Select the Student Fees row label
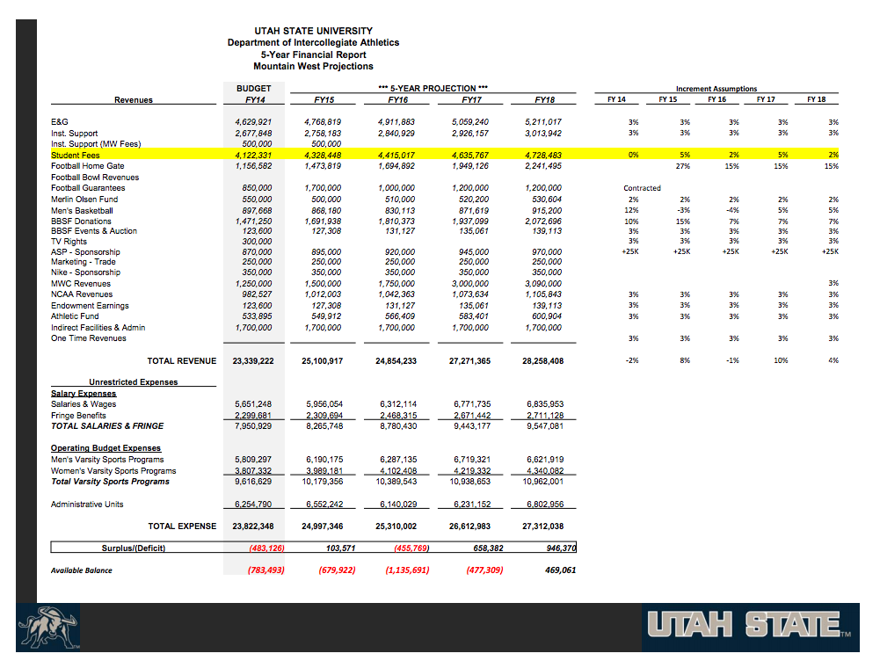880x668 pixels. coord(76,155)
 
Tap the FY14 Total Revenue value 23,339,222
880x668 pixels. coord(253,361)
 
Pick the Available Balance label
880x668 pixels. coord(82,570)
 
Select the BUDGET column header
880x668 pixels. coord(254,88)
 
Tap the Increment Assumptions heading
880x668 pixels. coord(716,89)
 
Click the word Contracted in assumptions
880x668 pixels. coord(642,188)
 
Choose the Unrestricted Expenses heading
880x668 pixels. coord(133,382)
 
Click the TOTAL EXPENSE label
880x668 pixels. coord(182,526)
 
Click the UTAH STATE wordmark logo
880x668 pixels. coord(750,627)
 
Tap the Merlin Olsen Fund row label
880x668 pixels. coord(84,199)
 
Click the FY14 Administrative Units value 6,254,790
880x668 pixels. coord(254,505)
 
